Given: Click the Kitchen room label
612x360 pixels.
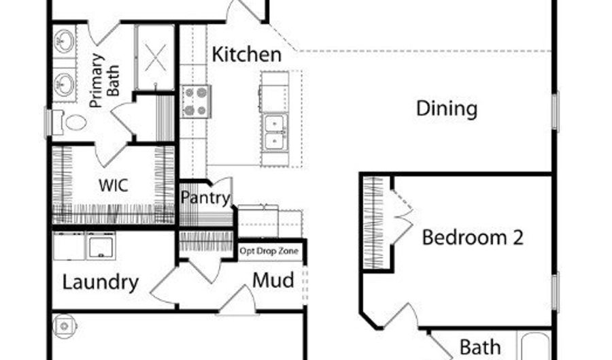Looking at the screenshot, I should pyautogui.click(x=246, y=54).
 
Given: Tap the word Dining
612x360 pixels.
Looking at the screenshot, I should pyautogui.click(x=447, y=108).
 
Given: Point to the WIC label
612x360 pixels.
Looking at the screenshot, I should pyautogui.click(x=114, y=185).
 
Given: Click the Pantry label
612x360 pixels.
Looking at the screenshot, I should pyautogui.click(x=205, y=198).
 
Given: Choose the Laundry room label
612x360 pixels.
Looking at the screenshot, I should pyautogui.click(x=101, y=282).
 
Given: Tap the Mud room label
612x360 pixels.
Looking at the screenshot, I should pyautogui.click(x=273, y=280).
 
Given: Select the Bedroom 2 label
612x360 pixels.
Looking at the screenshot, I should pyautogui.click(x=473, y=238).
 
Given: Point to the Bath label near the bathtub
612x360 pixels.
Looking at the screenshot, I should pyautogui.click(x=480, y=346).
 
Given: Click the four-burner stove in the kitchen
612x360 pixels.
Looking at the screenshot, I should pyautogui.click(x=196, y=101).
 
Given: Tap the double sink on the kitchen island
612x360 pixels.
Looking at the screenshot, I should pyautogui.click(x=275, y=131).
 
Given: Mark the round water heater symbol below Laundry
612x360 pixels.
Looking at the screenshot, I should pyautogui.click(x=65, y=325).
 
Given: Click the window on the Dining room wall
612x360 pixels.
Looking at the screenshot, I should pyautogui.click(x=554, y=112).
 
